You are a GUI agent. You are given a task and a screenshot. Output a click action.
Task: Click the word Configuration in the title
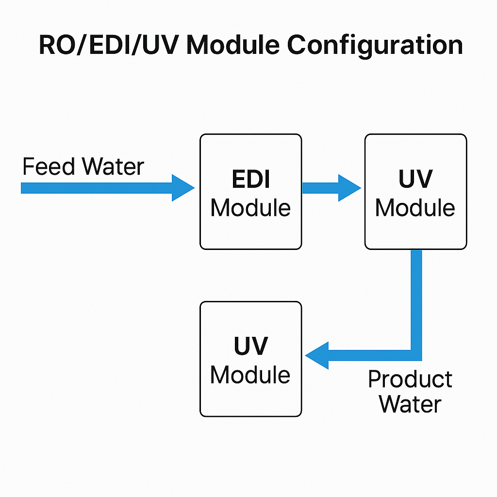click(375, 46)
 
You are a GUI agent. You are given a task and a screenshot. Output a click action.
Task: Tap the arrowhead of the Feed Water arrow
click(182, 188)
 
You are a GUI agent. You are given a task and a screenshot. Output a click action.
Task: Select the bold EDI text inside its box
click(251, 180)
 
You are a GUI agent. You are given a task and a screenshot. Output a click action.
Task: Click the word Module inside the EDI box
click(250, 208)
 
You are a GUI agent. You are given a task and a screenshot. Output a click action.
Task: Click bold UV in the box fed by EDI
click(415, 180)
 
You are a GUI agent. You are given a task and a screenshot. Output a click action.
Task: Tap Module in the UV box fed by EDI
click(415, 208)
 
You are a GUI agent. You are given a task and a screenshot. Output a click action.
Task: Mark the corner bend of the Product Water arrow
click(416, 355)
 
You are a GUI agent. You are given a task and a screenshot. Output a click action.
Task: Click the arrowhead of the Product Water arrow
click(317, 355)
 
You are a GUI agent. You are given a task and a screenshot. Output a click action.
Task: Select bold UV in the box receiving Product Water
click(250, 347)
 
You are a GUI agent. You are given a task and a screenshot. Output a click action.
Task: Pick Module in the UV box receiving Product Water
click(250, 375)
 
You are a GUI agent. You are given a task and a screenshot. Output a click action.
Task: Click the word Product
click(410, 380)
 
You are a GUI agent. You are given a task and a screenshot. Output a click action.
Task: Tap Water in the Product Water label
click(410, 404)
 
